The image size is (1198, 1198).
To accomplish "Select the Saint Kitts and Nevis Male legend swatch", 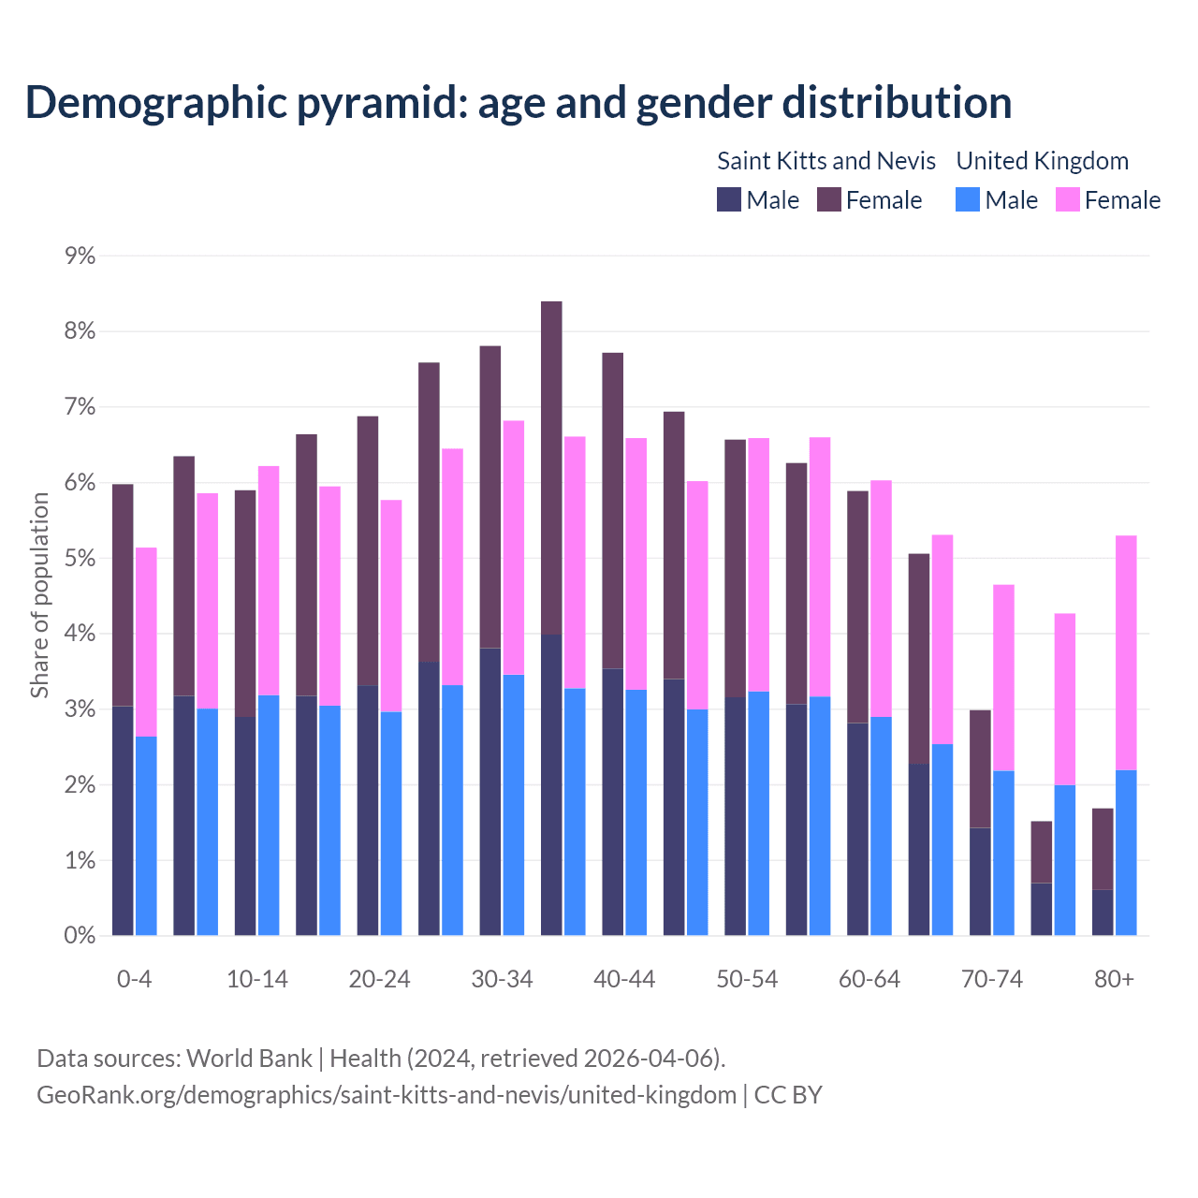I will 729,199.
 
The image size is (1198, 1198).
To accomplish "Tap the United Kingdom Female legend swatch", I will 1067,199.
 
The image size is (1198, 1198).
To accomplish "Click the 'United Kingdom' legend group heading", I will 1042,161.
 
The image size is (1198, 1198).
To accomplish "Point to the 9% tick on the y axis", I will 80,256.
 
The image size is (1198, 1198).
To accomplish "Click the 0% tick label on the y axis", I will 80,935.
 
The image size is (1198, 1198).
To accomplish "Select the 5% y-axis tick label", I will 80,559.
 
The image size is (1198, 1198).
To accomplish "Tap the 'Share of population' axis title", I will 40,595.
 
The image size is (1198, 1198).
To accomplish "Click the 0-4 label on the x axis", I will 134,979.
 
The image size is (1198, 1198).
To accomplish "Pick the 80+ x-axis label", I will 1114,979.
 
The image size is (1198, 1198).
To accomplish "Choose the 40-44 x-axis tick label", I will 624,979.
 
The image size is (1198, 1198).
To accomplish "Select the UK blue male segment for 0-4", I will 146,836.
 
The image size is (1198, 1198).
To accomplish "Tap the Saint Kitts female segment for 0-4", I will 123,595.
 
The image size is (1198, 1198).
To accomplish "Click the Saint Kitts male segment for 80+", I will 1103,913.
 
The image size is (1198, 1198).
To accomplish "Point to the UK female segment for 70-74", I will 1003,678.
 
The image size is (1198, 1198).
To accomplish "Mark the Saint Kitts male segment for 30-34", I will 490,792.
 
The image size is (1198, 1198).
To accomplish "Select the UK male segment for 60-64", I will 881,826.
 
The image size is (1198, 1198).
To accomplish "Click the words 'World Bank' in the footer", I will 249,1059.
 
